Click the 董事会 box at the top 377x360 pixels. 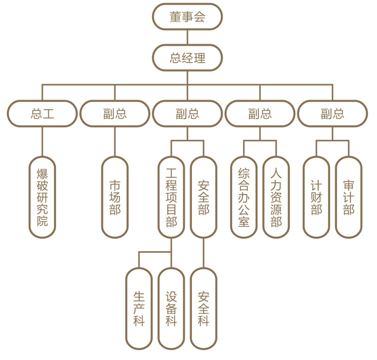click(187, 17)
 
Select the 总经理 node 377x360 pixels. click(187, 58)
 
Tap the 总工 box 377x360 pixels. click(42, 114)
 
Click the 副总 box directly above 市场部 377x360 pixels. click(115, 114)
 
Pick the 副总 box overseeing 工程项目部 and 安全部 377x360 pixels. click(187, 114)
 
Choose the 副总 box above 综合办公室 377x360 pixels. click(260, 114)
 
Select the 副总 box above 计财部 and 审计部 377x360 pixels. click(333, 114)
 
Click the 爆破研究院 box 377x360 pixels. click(42, 197)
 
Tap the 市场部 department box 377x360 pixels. click(115, 197)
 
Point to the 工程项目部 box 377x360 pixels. click(171, 197)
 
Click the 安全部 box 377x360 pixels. click(204, 197)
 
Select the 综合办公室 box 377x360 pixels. click(244, 197)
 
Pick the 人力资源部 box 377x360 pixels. click(276, 197)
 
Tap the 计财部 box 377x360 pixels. click(316, 197)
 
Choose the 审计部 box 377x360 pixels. click(349, 197)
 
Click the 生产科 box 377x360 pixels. click(139, 309)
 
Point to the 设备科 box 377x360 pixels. click(171, 309)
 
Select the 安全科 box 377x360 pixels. click(204, 309)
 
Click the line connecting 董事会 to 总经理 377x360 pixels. click(187, 37)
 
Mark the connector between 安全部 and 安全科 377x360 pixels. click(204, 253)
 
